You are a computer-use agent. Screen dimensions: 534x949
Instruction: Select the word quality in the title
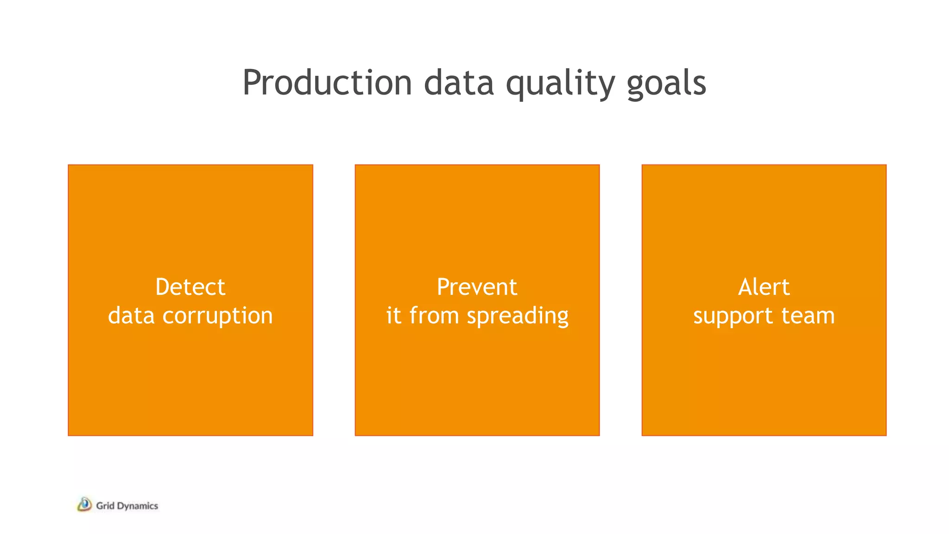560,83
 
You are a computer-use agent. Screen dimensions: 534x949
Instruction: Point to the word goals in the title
666,83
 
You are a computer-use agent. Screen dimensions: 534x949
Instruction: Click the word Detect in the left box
190,287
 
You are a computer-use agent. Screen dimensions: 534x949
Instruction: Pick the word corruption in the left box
217,316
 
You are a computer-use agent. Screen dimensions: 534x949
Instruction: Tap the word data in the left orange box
131,315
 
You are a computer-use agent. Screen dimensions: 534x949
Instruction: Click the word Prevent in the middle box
477,287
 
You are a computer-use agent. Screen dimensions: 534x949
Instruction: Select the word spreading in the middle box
517,316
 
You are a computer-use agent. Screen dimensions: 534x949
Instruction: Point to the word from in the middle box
434,315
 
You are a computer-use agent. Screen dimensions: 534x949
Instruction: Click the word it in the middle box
393,315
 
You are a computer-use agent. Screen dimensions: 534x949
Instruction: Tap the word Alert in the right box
764,287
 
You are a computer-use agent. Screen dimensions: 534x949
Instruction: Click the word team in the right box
808,315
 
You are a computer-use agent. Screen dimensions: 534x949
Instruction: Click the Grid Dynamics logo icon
84,504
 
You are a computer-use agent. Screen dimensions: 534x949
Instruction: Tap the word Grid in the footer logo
105,506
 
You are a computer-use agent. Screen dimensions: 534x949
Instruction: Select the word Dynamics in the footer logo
138,506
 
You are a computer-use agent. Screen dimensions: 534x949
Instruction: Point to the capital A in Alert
746,287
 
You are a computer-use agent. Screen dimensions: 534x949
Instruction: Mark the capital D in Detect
163,287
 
